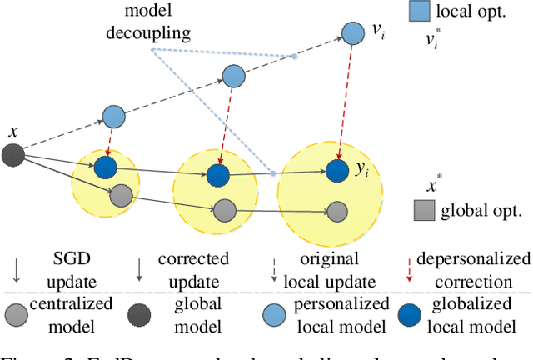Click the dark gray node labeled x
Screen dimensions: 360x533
point(13,154)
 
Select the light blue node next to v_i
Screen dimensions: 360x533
point(353,34)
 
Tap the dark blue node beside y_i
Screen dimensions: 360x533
point(336,171)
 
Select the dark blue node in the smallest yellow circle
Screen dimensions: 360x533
point(104,167)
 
